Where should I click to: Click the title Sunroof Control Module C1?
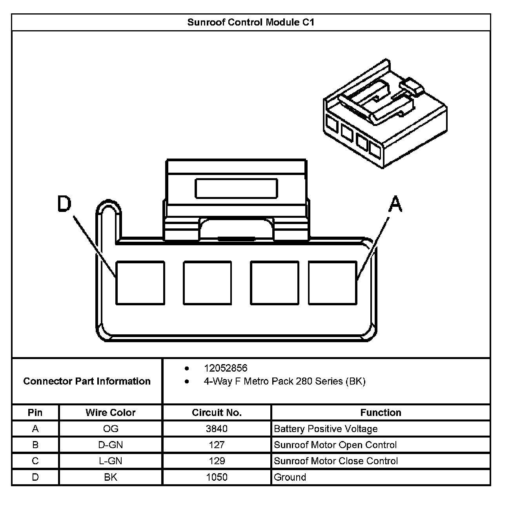tap(251, 22)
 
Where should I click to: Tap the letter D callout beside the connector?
tap(65, 204)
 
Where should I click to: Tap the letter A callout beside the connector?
tap(395, 204)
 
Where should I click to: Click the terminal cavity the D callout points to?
tap(140, 283)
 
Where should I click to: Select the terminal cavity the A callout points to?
tap(332, 283)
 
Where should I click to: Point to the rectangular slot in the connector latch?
tap(236, 188)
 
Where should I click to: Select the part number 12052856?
tap(226, 368)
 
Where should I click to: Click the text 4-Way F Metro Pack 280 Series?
tap(284, 381)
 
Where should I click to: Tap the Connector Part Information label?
tap(87, 381)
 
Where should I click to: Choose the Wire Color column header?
tap(110, 412)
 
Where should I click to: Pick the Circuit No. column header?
tap(217, 412)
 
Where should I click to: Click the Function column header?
tap(381, 412)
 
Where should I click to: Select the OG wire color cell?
tap(110, 429)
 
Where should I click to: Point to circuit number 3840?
tap(217, 429)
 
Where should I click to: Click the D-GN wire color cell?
tap(110, 445)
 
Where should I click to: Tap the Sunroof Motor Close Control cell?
tap(336, 461)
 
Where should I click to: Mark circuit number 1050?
tap(217, 477)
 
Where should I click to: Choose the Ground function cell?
tap(290, 477)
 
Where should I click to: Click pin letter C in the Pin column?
tap(35, 461)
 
